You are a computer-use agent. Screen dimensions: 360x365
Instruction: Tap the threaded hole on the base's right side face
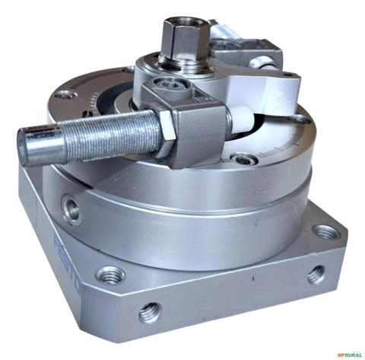tap(316, 273)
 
